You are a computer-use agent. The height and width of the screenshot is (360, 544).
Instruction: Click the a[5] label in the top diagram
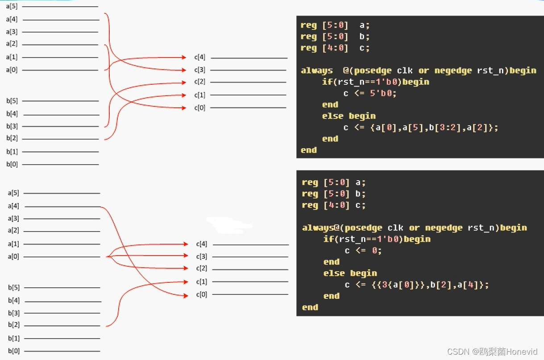[x=12, y=7]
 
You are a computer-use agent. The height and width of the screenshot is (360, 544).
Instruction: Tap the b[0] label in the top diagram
[x=12, y=164]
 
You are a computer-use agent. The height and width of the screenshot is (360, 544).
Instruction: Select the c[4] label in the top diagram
[x=199, y=57]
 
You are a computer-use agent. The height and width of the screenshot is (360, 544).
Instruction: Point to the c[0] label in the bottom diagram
[x=201, y=294]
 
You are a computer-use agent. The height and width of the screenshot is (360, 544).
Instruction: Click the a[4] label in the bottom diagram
[x=13, y=206]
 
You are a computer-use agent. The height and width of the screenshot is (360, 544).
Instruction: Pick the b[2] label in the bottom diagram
[x=13, y=325]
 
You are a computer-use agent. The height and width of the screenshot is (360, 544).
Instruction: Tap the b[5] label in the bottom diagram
[x=13, y=287]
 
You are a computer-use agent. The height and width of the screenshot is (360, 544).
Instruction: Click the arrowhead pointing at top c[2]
[x=184, y=82]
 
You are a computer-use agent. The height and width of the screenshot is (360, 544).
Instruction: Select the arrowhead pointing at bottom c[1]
[x=186, y=281]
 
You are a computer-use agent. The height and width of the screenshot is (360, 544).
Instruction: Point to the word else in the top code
[x=333, y=116]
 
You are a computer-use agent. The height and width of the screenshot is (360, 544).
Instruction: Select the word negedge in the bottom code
[x=444, y=228]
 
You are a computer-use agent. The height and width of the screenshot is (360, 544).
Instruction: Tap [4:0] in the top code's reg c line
[x=335, y=48]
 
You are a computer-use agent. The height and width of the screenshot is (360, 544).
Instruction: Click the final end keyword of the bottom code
[x=310, y=307]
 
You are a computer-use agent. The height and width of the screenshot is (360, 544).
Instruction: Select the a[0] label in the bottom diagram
[x=13, y=257]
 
